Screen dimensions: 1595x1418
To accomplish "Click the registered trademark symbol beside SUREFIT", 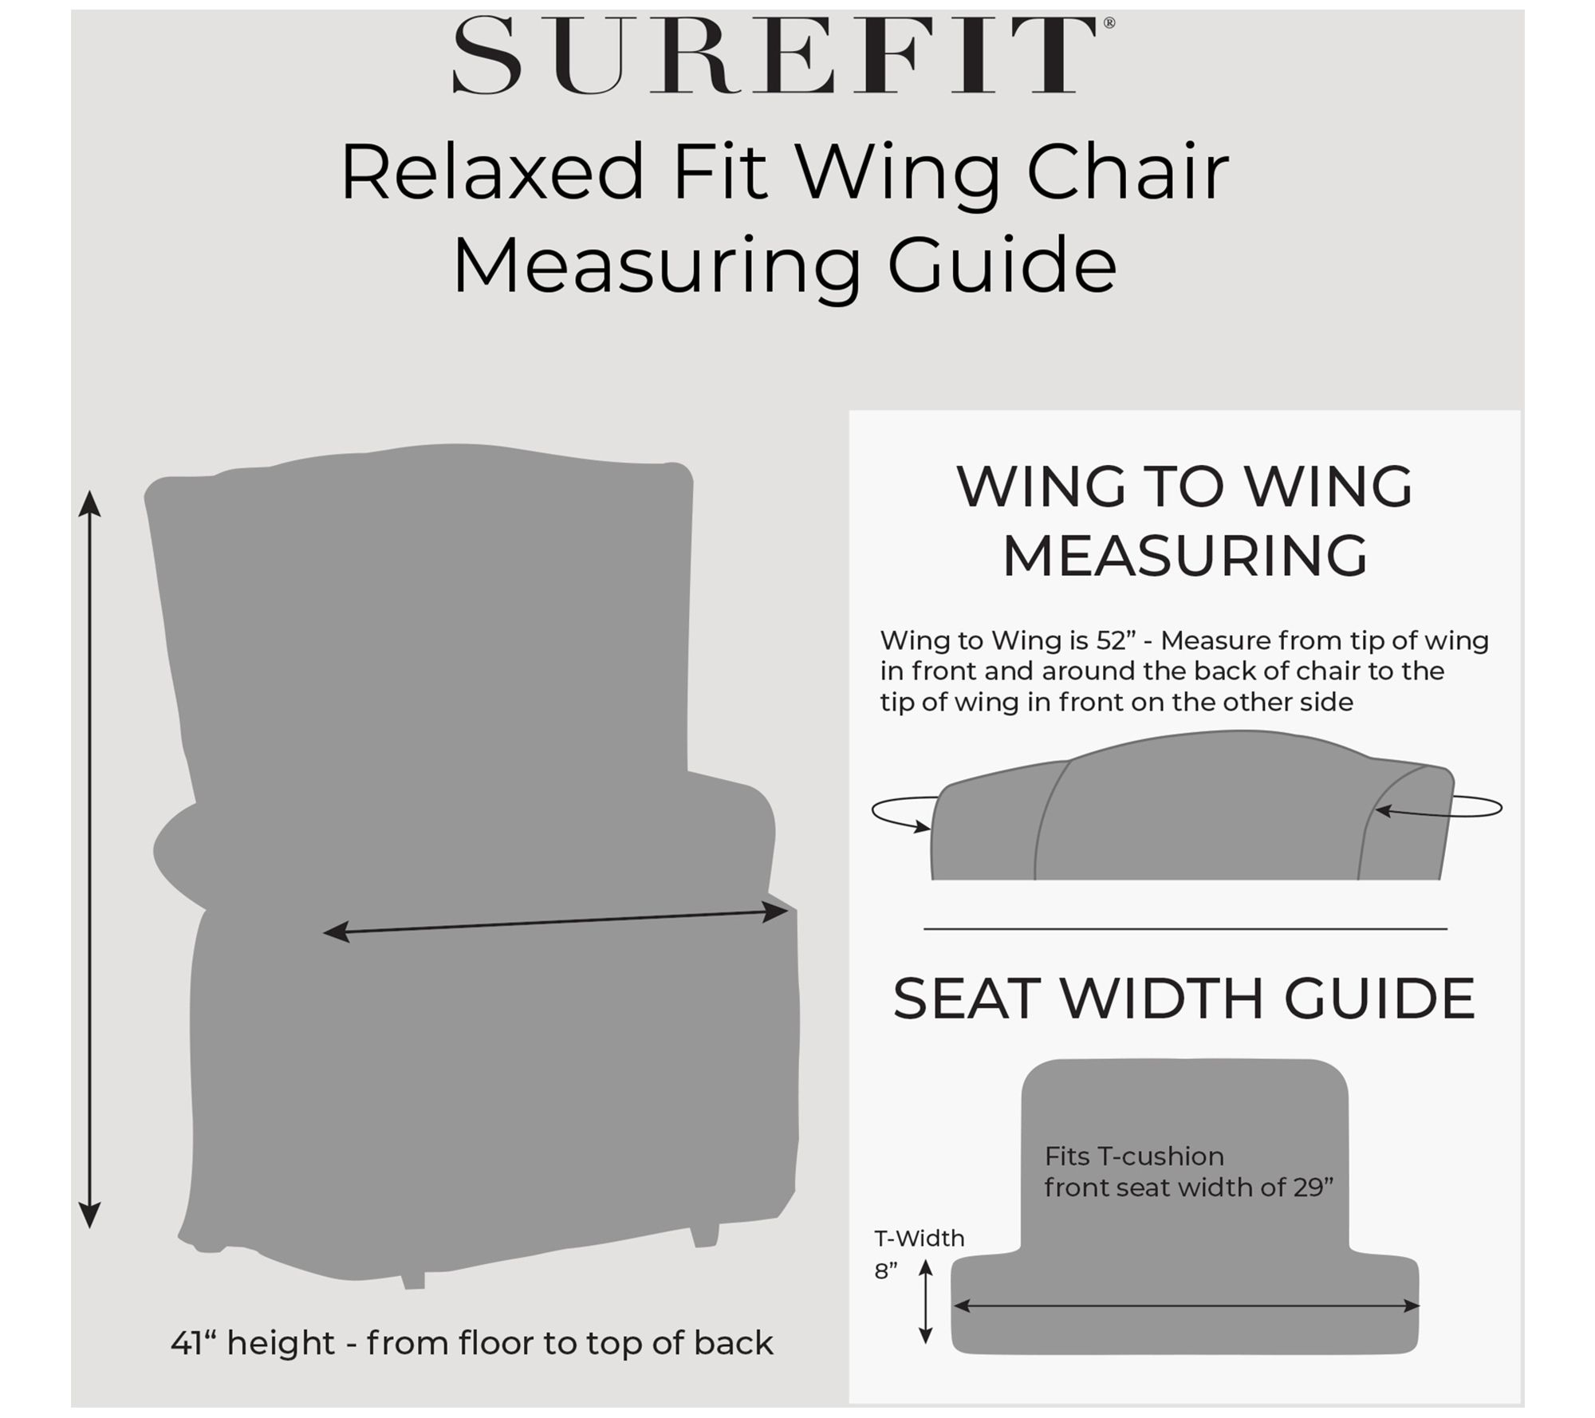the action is [1109, 23].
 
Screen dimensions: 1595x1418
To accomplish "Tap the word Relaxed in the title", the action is [492, 172].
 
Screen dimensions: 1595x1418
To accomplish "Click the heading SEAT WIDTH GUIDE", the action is [1183, 999].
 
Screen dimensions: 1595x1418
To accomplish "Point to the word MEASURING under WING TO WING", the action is [1185, 555].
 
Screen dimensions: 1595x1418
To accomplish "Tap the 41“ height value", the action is [193, 1343].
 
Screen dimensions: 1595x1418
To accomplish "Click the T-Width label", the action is [920, 1239].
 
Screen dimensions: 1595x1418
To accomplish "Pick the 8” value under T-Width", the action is [886, 1271].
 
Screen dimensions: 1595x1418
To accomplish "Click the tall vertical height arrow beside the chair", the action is [89, 860].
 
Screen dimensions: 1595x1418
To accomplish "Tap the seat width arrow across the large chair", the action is [555, 921].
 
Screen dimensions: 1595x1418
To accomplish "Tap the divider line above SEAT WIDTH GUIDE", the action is [1185, 928].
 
